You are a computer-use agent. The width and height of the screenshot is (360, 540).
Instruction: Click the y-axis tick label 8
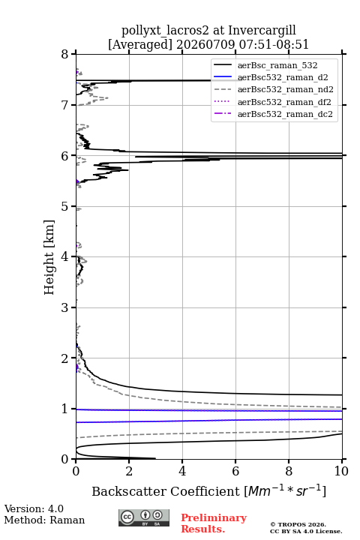click(64, 54)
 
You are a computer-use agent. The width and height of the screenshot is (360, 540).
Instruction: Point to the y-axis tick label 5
click(64, 206)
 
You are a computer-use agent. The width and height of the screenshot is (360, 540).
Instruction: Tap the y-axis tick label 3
click(64, 307)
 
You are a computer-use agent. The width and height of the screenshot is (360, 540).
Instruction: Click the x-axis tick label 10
click(341, 471)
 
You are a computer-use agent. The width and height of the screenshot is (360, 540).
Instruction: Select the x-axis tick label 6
click(235, 471)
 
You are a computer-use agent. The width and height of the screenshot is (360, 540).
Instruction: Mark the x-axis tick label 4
click(182, 471)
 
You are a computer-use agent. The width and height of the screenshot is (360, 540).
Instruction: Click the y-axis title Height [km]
click(49, 257)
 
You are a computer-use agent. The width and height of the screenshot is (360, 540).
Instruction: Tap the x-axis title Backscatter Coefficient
click(165, 491)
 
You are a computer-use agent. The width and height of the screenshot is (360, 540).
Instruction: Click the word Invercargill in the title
click(262, 30)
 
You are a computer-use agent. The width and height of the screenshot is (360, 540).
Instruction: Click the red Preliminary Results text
click(214, 523)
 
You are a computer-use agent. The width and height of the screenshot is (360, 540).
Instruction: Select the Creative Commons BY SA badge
click(144, 518)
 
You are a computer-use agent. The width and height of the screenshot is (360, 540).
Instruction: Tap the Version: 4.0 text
click(34, 508)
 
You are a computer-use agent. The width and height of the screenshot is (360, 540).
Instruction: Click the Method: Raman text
click(44, 520)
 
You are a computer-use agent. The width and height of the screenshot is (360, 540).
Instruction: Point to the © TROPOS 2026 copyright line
click(298, 524)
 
